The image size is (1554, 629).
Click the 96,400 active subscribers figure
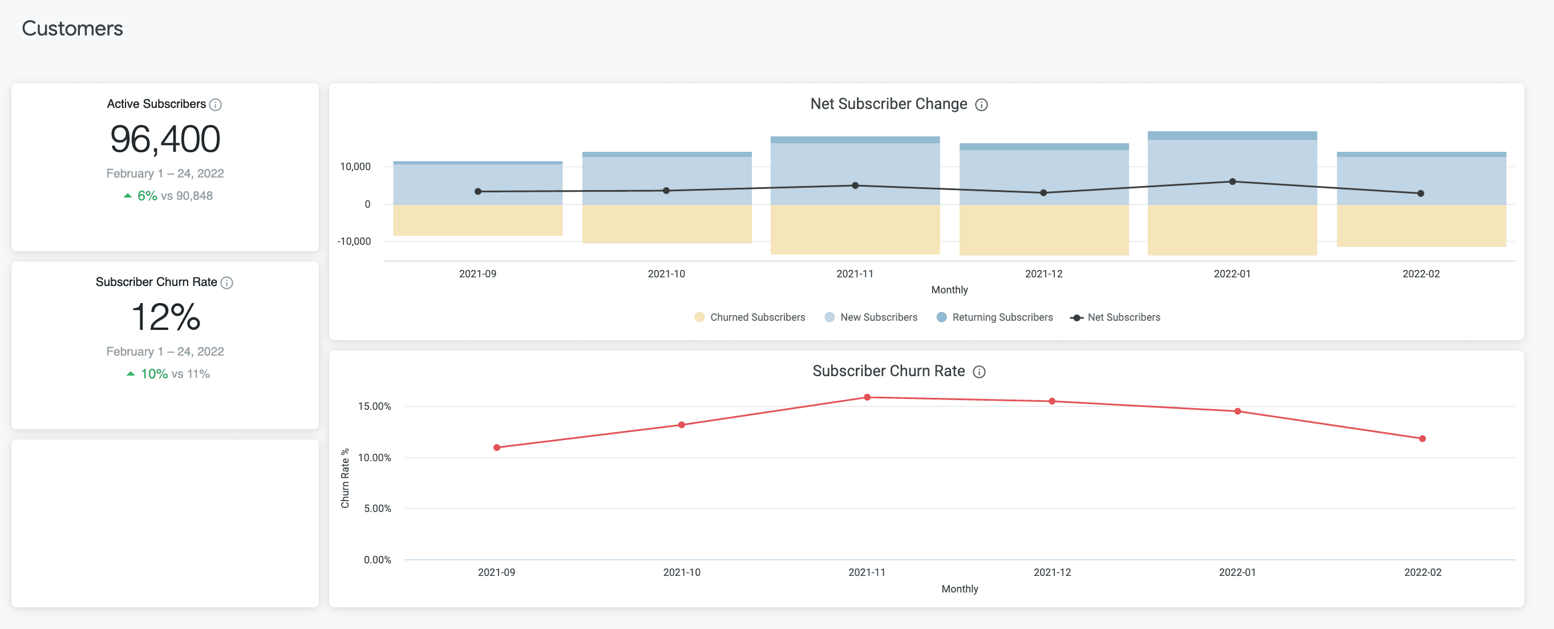(x=165, y=139)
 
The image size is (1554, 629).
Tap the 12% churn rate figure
(x=165, y=317)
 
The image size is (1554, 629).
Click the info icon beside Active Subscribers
(x=216, y=104)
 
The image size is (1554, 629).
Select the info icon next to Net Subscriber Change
(x=981, y=104)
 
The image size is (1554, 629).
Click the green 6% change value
(x=147, y=196)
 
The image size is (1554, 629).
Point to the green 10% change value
(x=154, y=374)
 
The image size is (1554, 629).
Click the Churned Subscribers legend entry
(x=750, y=317)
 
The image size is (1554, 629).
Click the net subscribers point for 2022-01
(x=1232, y=181)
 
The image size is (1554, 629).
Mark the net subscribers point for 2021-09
(x=478, y=191)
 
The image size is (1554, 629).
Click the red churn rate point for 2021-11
(x=867, y=397)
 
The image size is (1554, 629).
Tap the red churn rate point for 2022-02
(x=1422, y=439)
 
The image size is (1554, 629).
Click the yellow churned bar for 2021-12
(x=1043, y=229)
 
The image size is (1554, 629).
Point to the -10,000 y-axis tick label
(x=354, y=241)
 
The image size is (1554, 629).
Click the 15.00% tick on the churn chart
(x=374, y=406)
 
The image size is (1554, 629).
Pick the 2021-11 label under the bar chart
(x=855, y=273)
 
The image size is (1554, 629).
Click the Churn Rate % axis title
(x=345, y=478)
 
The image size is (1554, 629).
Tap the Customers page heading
(x=72, y=29)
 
